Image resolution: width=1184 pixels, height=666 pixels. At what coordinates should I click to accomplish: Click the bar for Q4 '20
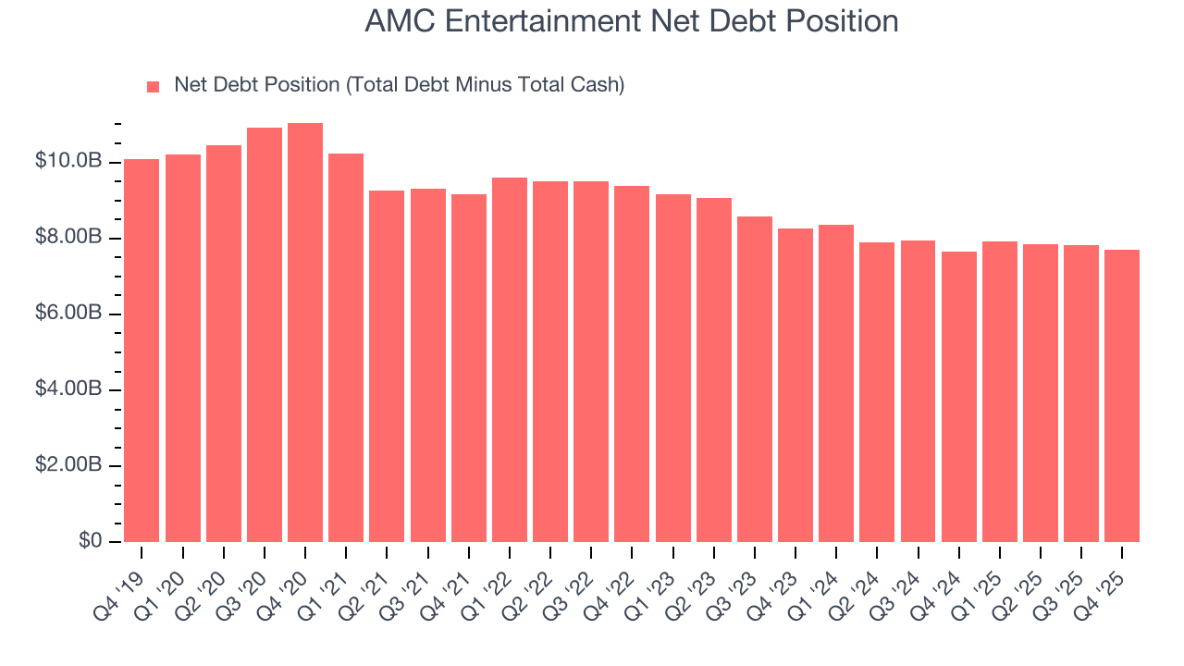tap(305, 333)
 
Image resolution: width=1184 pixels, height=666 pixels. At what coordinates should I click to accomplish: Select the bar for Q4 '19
tap(142, 351)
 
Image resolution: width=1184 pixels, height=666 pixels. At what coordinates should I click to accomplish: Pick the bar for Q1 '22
tap(509, 360)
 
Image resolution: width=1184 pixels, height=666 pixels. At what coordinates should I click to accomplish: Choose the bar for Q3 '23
tap(754, 379)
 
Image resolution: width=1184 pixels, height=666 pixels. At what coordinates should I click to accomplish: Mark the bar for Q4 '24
tap(958, 397)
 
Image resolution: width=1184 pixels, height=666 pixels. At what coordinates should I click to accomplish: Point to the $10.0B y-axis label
tap(68, 162)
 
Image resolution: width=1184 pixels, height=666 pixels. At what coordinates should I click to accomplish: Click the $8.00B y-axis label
tap(68, 238)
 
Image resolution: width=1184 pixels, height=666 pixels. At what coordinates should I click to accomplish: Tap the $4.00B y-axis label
tap(68, 389)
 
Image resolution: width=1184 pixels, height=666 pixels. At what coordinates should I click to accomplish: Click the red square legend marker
tap(154, 86)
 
